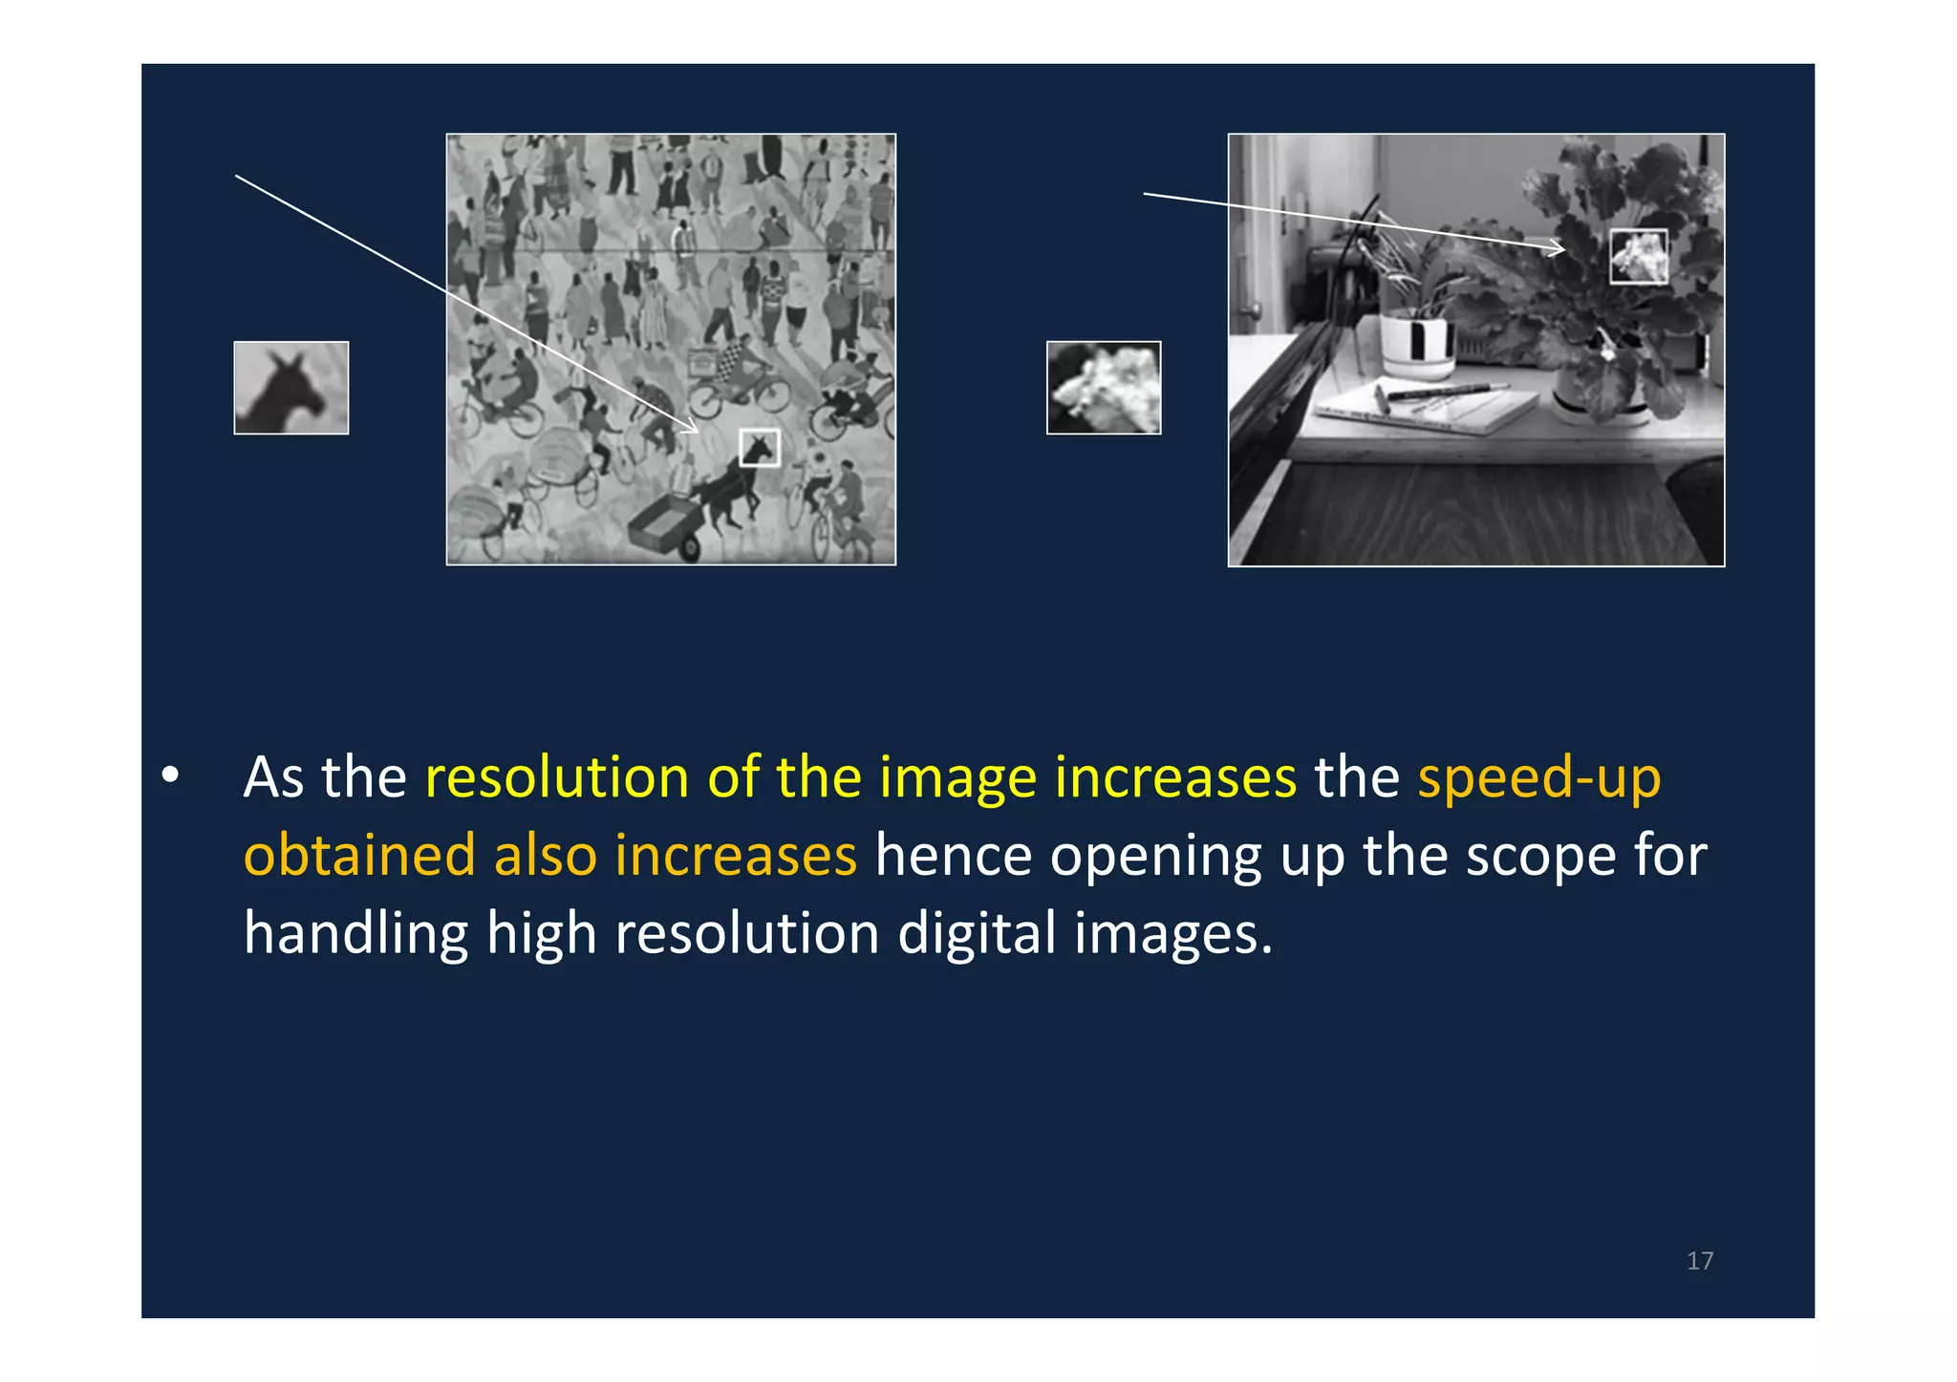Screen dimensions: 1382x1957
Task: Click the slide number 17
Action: (1699, 1261)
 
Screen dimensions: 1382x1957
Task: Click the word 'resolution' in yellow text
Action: (557, 776)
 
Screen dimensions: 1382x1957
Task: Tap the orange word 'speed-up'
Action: (1538, 776)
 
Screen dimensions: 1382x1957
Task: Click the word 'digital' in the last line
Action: (978, 932)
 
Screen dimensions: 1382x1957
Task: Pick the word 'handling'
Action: (355, 932)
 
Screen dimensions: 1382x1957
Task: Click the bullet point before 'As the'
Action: (170, 776)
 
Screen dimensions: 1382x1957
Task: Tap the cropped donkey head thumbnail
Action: (291, 388)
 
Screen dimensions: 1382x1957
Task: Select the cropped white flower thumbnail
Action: (1104, 388)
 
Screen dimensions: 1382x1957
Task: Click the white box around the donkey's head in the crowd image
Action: (760, 448)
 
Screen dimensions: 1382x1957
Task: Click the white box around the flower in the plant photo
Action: (1639, 256)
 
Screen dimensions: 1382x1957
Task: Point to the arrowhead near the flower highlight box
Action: (1559, 249)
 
